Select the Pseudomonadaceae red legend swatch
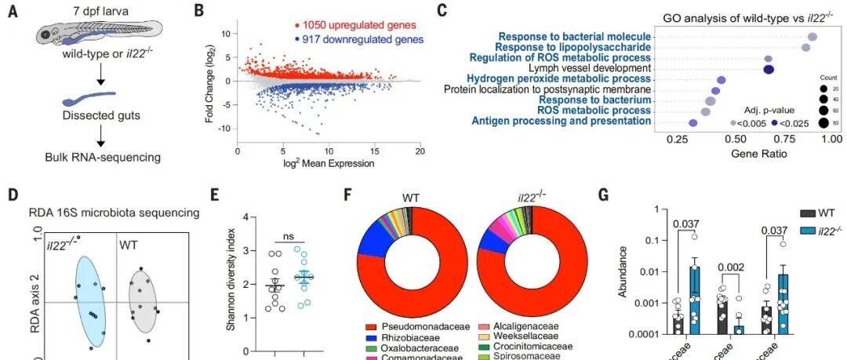(x=373, y=324)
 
